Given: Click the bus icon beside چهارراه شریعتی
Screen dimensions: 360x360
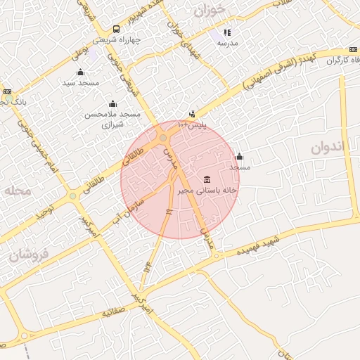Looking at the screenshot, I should coord(116,30).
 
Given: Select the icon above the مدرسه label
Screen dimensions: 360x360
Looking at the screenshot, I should coord(227,32).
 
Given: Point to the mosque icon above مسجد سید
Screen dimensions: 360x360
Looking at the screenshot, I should coord(80,72).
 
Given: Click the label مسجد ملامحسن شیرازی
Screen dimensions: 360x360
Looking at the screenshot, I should coord(112,119).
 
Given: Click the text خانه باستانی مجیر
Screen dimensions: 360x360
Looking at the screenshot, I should coord(207,190).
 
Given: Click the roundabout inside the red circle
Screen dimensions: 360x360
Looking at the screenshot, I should coord(163,137).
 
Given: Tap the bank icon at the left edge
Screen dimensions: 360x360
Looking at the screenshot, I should coord(7,91).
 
